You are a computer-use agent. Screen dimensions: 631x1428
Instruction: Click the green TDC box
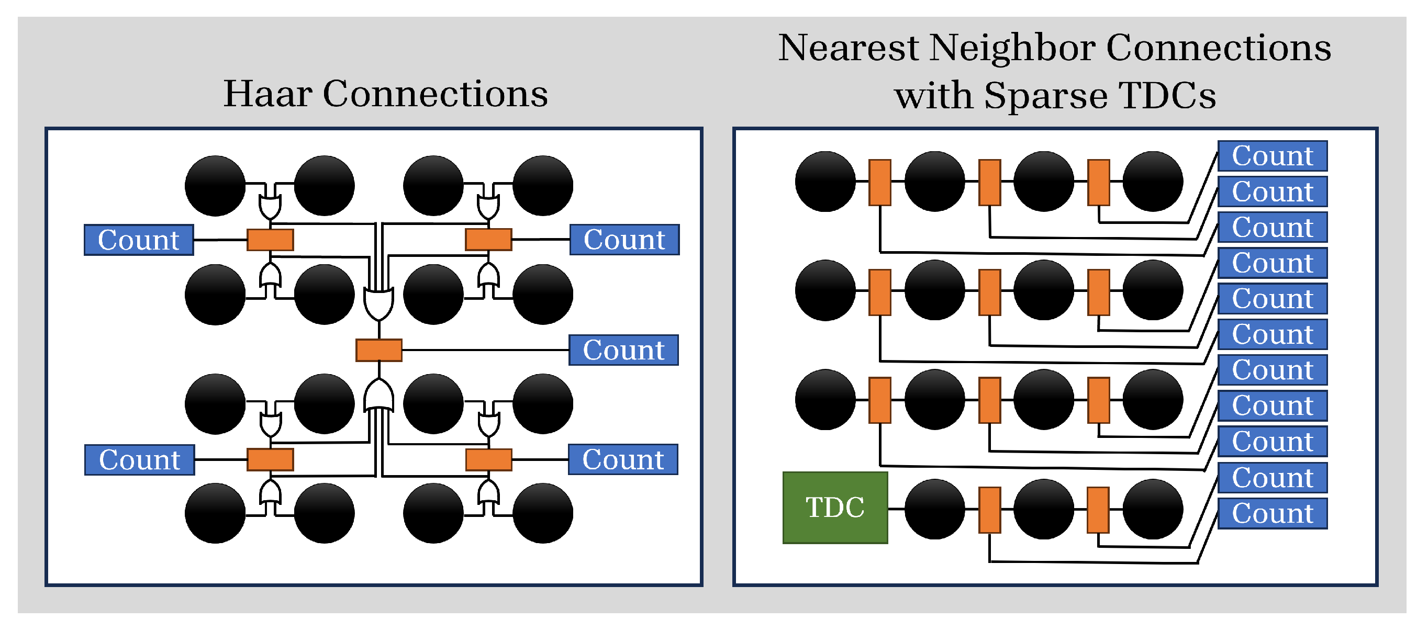coord(834,508)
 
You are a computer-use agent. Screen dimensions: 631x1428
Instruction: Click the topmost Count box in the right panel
coord(1271,156)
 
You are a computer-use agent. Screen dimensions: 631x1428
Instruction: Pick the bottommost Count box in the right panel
coord(1271,513)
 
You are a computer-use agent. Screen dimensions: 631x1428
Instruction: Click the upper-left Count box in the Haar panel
coord(139,240)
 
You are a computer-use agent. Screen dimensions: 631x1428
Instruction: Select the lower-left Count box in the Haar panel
coord(139,460)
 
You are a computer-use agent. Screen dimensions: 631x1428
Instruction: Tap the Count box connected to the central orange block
coord(623,350)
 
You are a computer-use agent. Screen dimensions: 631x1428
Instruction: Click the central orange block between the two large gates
coord(378,350)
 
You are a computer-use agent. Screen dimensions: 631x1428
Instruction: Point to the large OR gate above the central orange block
coord(378,302)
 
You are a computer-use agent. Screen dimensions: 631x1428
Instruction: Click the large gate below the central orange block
coord(378,396)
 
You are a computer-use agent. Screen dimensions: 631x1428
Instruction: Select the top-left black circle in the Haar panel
coord(215,186)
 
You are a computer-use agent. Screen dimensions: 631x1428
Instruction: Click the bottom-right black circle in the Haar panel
coord(542,513)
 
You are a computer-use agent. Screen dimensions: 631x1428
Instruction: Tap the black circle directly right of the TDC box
coord(934,509)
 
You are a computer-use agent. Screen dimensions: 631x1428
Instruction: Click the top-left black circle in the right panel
coord(825,181)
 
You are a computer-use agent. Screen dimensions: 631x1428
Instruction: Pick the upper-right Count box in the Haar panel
coord(624,240)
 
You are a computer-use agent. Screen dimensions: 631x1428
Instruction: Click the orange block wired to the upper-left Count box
coord(270,240)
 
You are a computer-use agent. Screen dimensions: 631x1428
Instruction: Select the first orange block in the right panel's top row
coord(879,182)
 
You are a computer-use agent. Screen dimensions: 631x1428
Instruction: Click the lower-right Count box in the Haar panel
coord(622,459)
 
